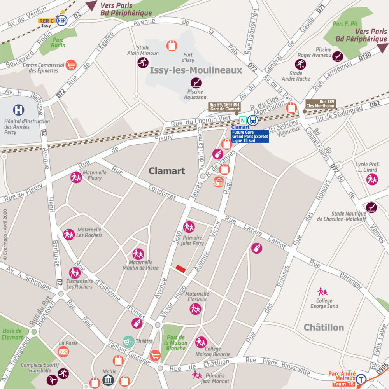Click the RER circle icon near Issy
61,20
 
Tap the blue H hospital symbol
18,110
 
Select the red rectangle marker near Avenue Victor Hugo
180,268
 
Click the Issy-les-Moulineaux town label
196,70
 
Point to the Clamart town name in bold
167,171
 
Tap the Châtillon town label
324,327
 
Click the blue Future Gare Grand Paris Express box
250,136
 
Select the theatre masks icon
129,342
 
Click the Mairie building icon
108,380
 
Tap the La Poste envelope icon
63,352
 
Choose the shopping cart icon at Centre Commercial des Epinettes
71,65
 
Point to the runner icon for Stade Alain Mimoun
143,62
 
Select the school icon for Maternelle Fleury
76,177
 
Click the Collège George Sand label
324,303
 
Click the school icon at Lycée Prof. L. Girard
372,179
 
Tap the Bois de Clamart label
12,334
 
